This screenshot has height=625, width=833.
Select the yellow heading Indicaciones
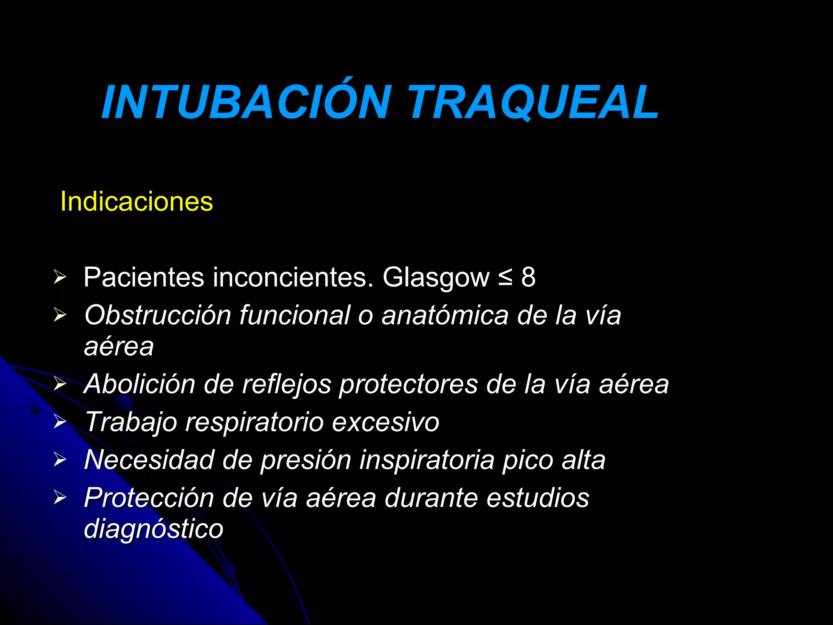tap(137, 201)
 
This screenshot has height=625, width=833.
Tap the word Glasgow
tap(436, 278)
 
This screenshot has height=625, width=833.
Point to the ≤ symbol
tap(505, 278)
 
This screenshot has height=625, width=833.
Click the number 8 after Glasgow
tap(528, 278)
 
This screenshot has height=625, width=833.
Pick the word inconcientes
tap(293, 278)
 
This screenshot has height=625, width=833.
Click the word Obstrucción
tap(158, 315)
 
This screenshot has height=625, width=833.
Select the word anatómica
tap(445, 315)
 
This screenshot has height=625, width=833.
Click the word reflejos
tap(286, 385)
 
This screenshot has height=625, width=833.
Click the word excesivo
tap(386, 422)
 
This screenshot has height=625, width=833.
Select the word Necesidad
tap(149, 460)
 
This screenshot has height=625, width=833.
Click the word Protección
tap(149, 498)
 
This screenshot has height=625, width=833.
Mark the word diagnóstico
tap(154, 529)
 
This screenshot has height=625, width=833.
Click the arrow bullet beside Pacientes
tap(60, 278)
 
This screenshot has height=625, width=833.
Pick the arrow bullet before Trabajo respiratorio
tap(60, 422)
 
